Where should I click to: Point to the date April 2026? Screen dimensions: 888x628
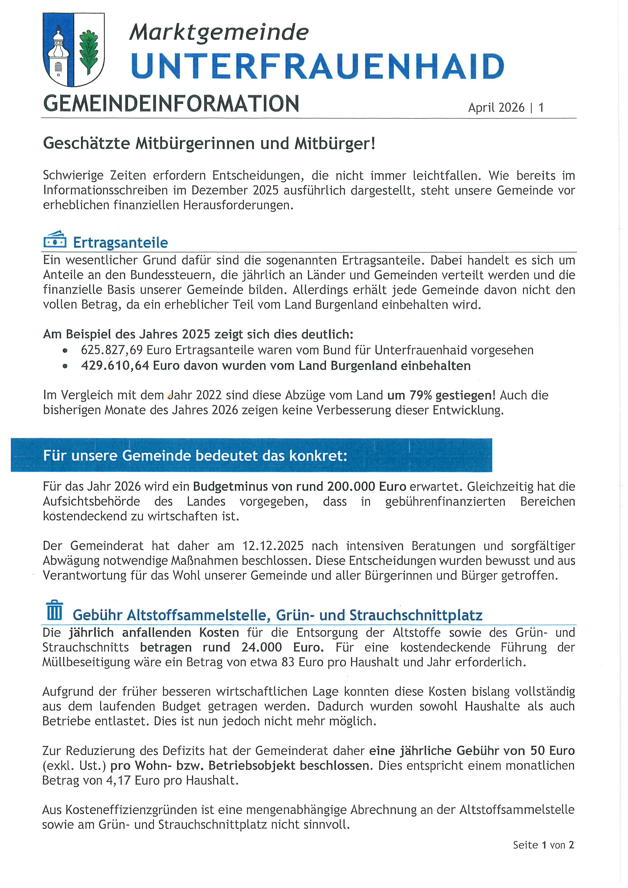pyautogui.click(x=496, y=107)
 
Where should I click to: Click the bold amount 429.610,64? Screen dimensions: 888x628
pyautogui.click(x=115, y=366)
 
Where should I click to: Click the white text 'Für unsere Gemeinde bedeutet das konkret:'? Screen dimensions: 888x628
pyautogui.click(x=195, y=456)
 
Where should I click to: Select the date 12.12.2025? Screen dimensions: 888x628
pyautogui.click(x=273, y=546)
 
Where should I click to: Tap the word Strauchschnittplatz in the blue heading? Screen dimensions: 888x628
pyautogui.click(x=416, y=615)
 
